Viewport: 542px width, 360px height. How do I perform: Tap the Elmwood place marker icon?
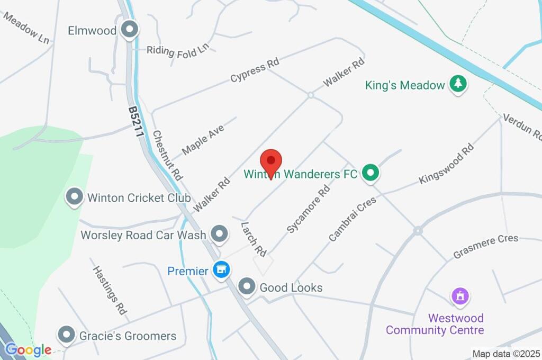click(x=129, y=30)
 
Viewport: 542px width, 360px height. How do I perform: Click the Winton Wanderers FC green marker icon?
click(x=371, y=173)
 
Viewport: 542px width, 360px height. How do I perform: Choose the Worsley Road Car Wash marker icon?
click(x=219, y=234)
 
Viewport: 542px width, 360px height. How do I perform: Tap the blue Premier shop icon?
click(x=221, y=271)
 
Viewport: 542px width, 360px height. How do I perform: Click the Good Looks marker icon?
click(x=246, y=287)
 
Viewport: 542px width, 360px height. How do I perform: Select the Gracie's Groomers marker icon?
click(x=66, y=335)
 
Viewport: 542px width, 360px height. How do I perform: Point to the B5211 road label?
click(x=136, y=122)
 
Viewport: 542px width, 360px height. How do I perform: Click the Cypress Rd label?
click(x=254, y=70)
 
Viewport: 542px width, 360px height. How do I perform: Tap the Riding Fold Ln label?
click(x=178, y=50)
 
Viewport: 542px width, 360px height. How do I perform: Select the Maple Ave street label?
click(x=203, y=139)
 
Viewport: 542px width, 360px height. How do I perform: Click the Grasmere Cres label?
click(x=485, y=247)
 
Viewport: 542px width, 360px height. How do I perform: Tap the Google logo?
click(x=28, y=350)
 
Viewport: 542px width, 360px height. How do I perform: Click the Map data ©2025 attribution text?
click(x=506, y=354)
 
